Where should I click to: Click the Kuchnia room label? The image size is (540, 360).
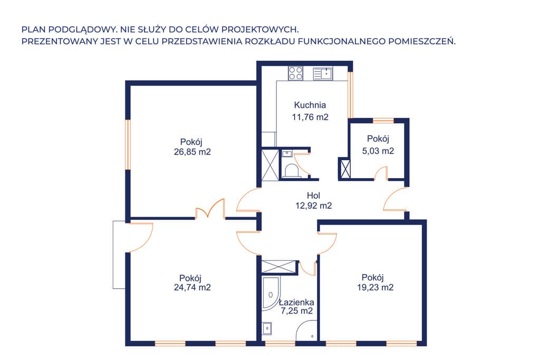click(310, 105)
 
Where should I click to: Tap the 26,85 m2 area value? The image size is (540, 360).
click(192, 152)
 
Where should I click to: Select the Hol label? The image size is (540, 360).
click(313, 196)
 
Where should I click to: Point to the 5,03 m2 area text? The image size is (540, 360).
click(378, 151)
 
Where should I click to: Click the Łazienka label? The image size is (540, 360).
click(296, 302)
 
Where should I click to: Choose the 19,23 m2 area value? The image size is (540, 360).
click(375, 287)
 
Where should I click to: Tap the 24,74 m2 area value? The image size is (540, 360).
click(192, 287)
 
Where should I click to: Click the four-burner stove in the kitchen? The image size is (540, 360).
click(295, 73)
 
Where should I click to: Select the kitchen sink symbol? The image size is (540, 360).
click(323, 74)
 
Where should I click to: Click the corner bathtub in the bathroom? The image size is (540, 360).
click(271, 293)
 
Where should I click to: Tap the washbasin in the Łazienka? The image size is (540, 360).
click(267, 328)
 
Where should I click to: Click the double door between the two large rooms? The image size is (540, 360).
click(210, 209)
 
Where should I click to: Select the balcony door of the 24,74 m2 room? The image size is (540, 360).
click(140, 238)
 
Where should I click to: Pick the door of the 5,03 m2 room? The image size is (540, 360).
click(381, 173)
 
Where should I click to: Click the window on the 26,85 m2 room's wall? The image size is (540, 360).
click(128, 144)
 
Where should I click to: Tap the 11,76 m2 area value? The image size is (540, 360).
click(310, 117)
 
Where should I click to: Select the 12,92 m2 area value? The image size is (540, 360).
click(313, 206)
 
